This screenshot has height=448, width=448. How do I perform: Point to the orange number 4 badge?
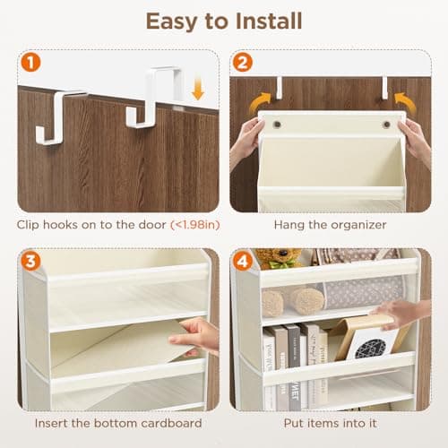(x=244, y=263)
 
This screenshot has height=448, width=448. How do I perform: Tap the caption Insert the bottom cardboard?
(x=116, y=424)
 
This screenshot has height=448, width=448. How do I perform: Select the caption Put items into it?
(x=330, y=424)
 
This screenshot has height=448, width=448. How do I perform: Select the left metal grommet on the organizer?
(x=276, y=125)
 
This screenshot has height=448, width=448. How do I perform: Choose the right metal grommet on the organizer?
(x=387, y=125)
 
